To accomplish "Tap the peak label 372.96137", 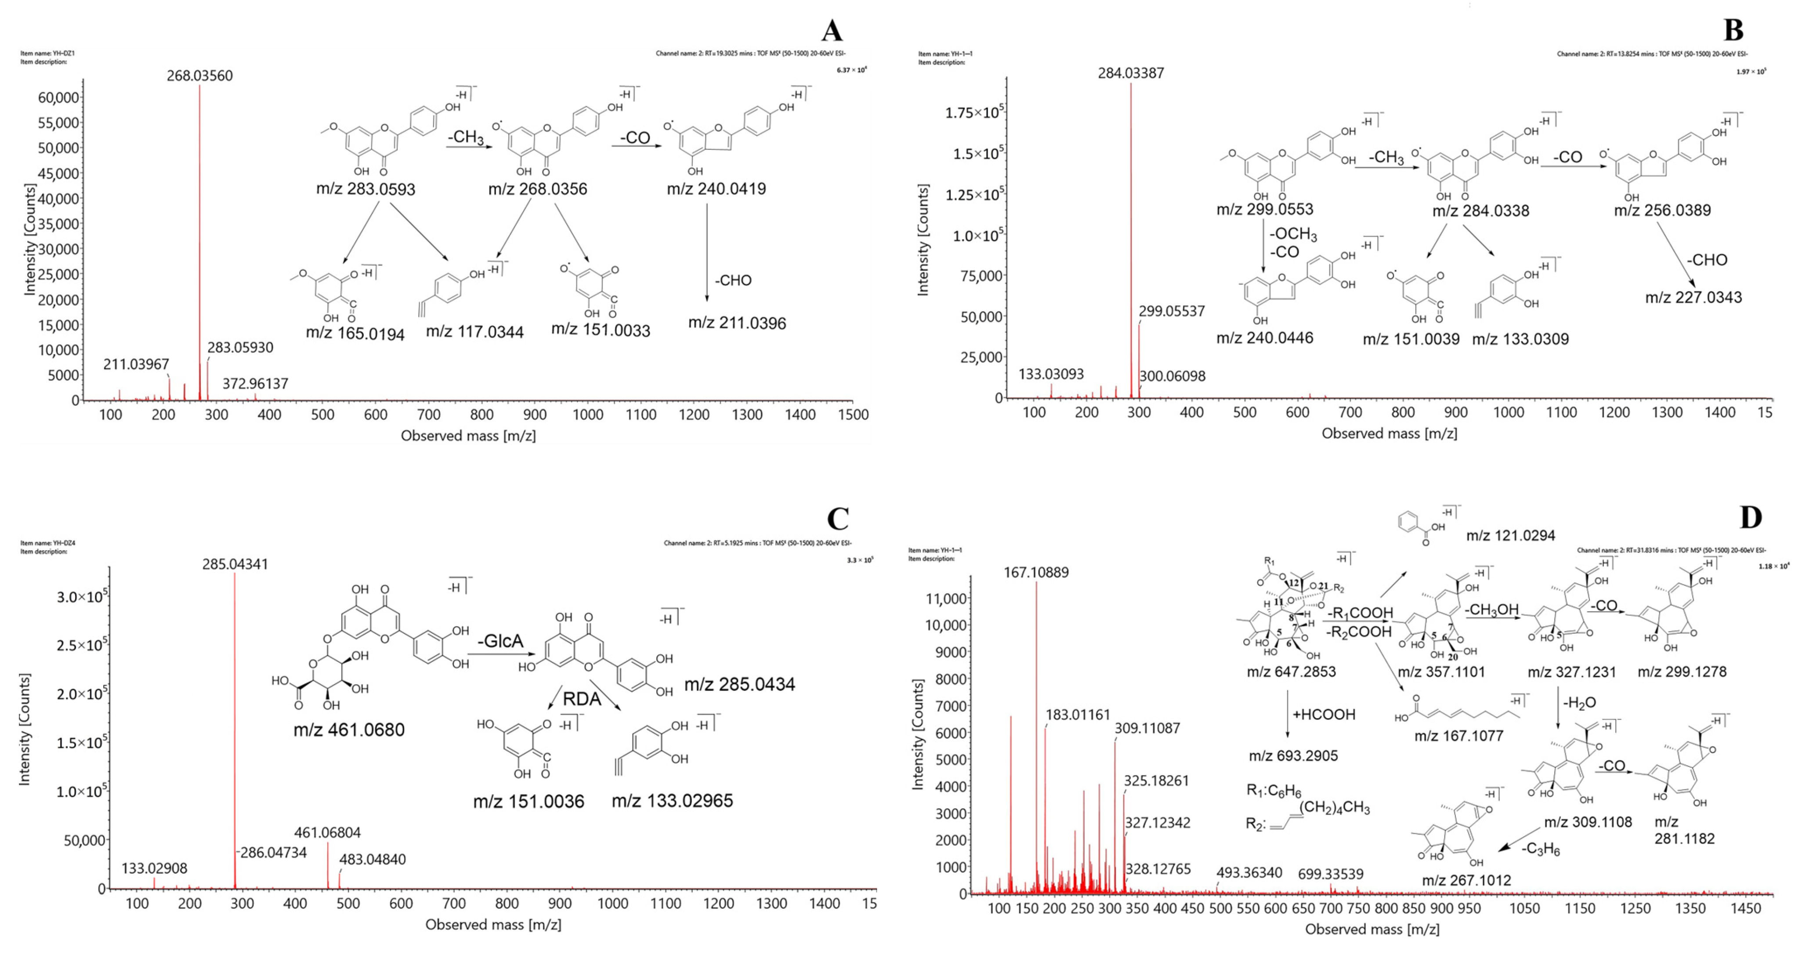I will tap(256, 384).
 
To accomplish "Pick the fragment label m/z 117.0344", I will tap(474, 332).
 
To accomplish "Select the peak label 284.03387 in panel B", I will tap(1131, 73).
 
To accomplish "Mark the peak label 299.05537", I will tap(1172, 311).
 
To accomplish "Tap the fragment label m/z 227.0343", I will tap(1694, 297).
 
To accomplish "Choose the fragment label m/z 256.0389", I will tap(1662, 210).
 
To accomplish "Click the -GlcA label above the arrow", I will tap(500, 641).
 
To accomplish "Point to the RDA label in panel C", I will tap(582, 699).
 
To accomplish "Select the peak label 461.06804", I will tap(327, 832).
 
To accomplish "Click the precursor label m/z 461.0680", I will tap(349, 730).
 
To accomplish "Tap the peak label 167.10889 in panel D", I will tap(1036, 573).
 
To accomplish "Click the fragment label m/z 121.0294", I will tap(1510, 536).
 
